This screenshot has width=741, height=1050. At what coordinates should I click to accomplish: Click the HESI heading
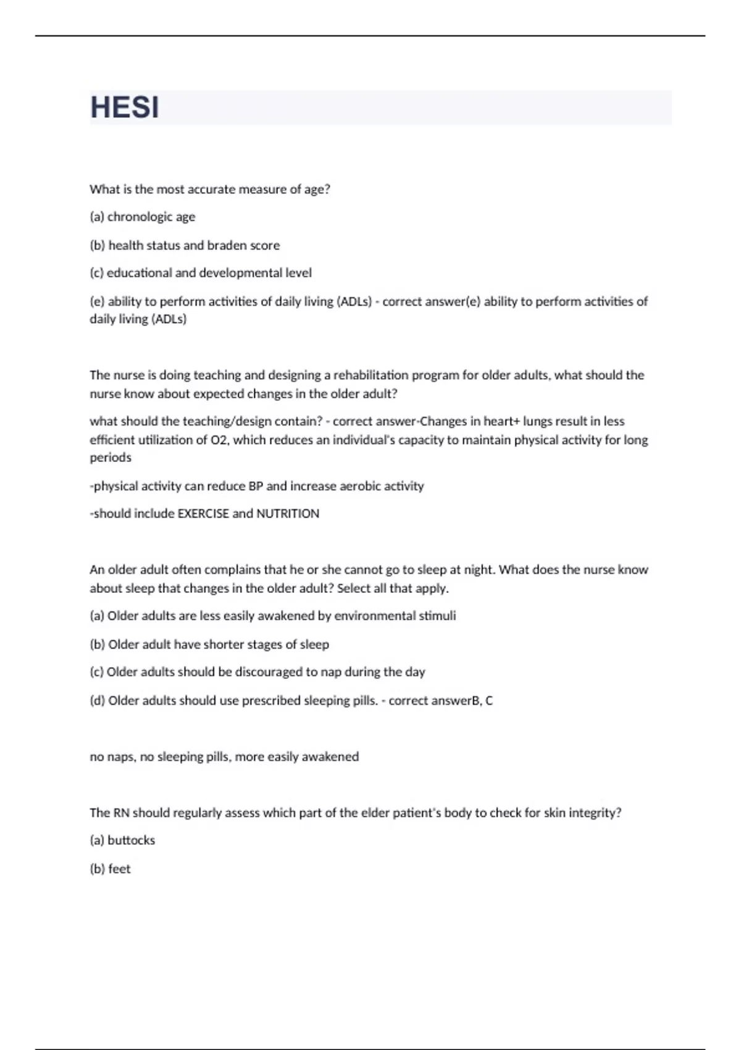tap(125, 107)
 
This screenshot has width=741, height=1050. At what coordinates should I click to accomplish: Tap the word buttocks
tap(131, 841)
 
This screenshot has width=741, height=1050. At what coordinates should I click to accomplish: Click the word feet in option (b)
tap(119, 869)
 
